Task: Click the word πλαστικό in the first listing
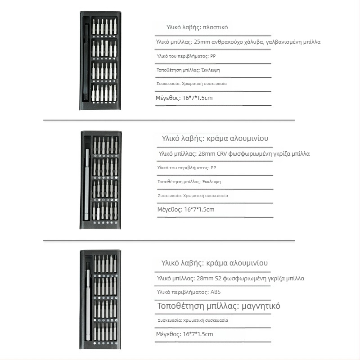click(215, 27)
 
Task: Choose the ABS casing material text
click(216, 292)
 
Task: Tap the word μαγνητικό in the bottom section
click(261, 306)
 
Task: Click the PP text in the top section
click(213, 56)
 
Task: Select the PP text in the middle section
click(213, 167)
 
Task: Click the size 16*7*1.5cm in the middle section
click(199, 210)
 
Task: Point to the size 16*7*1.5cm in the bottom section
click(198, 334)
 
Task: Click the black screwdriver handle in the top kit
click(87, 63)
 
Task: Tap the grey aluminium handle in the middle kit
click(87, 180)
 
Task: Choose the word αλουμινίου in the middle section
click(252, 139)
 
